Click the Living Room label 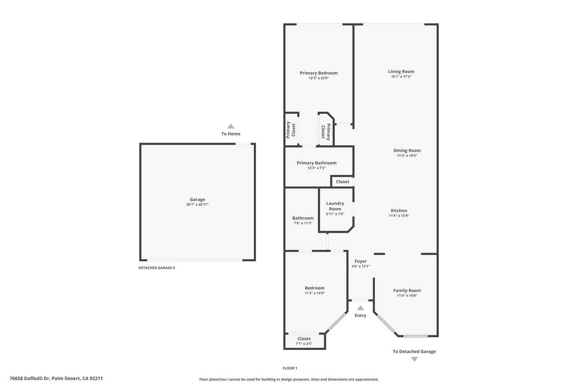coord(401,71)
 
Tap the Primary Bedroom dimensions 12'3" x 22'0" coord(319,78)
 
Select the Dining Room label coord(407,150)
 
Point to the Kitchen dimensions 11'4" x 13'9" coord(399,216)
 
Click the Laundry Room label coord(335,206)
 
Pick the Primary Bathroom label coord(317,163)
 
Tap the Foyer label coord(360,261)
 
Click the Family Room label coord(407,290)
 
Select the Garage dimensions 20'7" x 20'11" coord(197,204)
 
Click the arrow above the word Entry coord(360,308)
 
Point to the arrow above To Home coord(231,126)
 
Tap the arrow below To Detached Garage coord(414,359)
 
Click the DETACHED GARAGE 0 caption coord(157,268)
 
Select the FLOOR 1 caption coord(290,368)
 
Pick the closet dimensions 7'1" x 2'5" coord(304,343)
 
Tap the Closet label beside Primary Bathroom coord(342,181)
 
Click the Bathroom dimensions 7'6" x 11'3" coord(303,223)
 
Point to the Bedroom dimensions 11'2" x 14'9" coord(315,293)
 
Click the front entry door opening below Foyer coord(360,301)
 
